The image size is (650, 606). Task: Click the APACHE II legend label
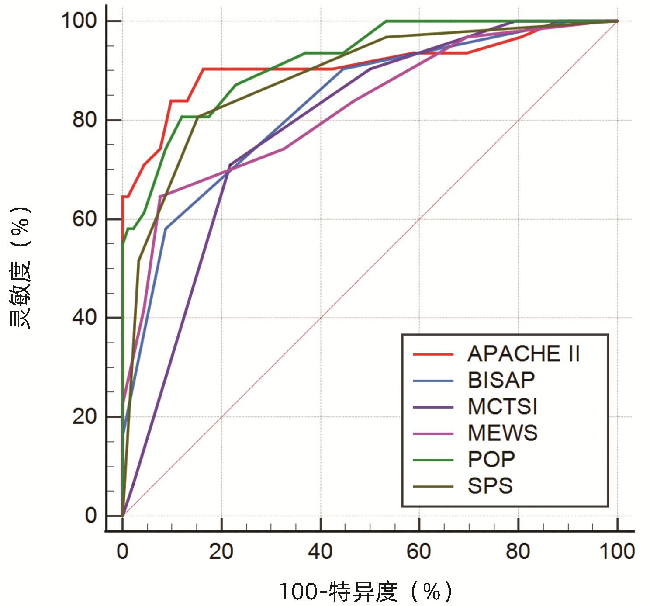(x=523, y=354)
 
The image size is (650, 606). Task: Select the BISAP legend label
(x=501, y=380)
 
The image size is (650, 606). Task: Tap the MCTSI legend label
(x=502, y=407)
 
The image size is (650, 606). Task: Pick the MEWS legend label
(x=502, y=433)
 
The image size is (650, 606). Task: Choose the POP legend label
(x=491, y=460)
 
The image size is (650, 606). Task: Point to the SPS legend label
(x=490, y=486)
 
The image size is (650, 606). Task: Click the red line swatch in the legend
(x=433, y=354)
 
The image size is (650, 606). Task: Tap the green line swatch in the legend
(x=433, y=460)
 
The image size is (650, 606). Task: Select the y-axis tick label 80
(x=84, y=120)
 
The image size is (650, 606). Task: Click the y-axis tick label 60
(x=84, y=219)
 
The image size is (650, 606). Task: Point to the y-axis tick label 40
(x=84, y=318)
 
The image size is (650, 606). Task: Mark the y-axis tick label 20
(x=84, y=417)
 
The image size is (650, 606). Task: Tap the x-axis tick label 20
(x=221, y=552)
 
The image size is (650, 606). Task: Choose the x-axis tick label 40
(x=320, y=552)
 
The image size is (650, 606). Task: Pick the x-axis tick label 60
(x=419, y=552)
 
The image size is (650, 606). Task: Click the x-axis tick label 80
(x=518, y=552)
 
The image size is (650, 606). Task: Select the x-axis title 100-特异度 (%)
(x=365, y=592)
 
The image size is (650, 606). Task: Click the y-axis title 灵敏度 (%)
(x=20, y=267)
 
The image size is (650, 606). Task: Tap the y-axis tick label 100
(x=79, y=21)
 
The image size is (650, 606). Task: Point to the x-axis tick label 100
(x=617, y=552)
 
